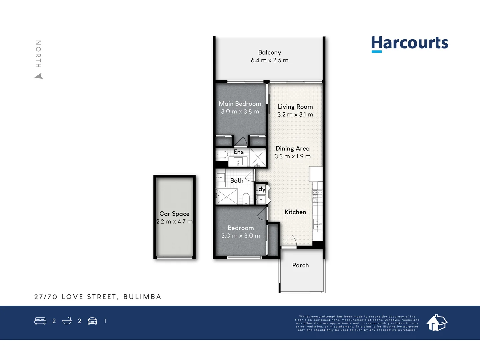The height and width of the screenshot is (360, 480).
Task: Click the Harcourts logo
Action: click(x=410, y=43)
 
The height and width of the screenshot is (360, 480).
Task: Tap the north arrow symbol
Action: click(x=39, y=76)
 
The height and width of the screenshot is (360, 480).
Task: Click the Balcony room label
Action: click(x=270, y=52)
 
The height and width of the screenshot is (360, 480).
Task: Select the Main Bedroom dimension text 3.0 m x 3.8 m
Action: click(x=240, y=112)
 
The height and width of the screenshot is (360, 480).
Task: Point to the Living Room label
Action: click(x=295, y=107)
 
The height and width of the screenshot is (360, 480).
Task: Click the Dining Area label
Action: click(x=293, y=149)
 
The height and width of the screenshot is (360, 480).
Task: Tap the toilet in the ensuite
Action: click(x=222, y=154)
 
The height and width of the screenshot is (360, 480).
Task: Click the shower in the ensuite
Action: click(x=258, y=157)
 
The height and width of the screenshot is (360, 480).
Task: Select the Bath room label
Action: click(x=237, y=181)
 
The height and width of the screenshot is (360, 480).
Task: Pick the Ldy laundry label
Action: click(x=260, y=189)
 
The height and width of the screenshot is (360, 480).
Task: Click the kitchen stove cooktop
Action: click(x=317, y=196)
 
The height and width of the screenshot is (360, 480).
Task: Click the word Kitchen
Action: click(x=295, y=212)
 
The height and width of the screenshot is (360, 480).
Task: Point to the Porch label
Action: click(x=300, y=265)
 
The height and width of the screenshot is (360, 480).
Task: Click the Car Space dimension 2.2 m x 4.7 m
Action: click(x=174, y=222)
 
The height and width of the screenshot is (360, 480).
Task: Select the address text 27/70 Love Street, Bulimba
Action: click(x=98, y=297)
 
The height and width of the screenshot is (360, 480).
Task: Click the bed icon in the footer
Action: click(x=40, y=321)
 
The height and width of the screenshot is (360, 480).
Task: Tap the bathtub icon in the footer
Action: click(x=67, y=321)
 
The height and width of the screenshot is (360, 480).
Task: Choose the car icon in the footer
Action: click(x=92, y=321)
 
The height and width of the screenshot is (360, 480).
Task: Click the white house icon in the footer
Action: click(x=437, y=322)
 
